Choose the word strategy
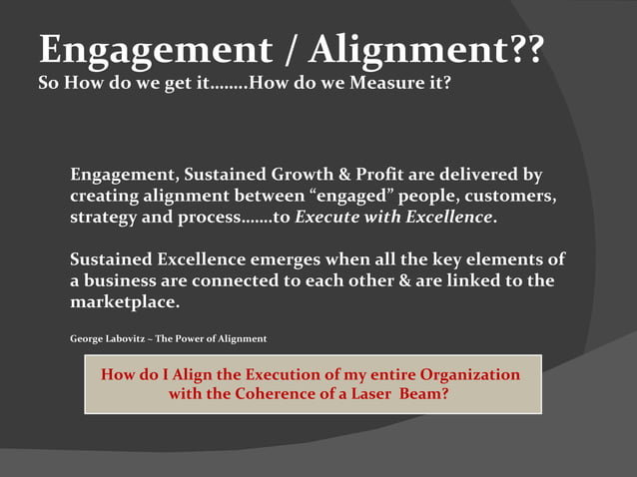point(105,218)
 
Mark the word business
point(121,280)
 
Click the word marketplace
point(124,301)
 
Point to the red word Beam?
point(423,394)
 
